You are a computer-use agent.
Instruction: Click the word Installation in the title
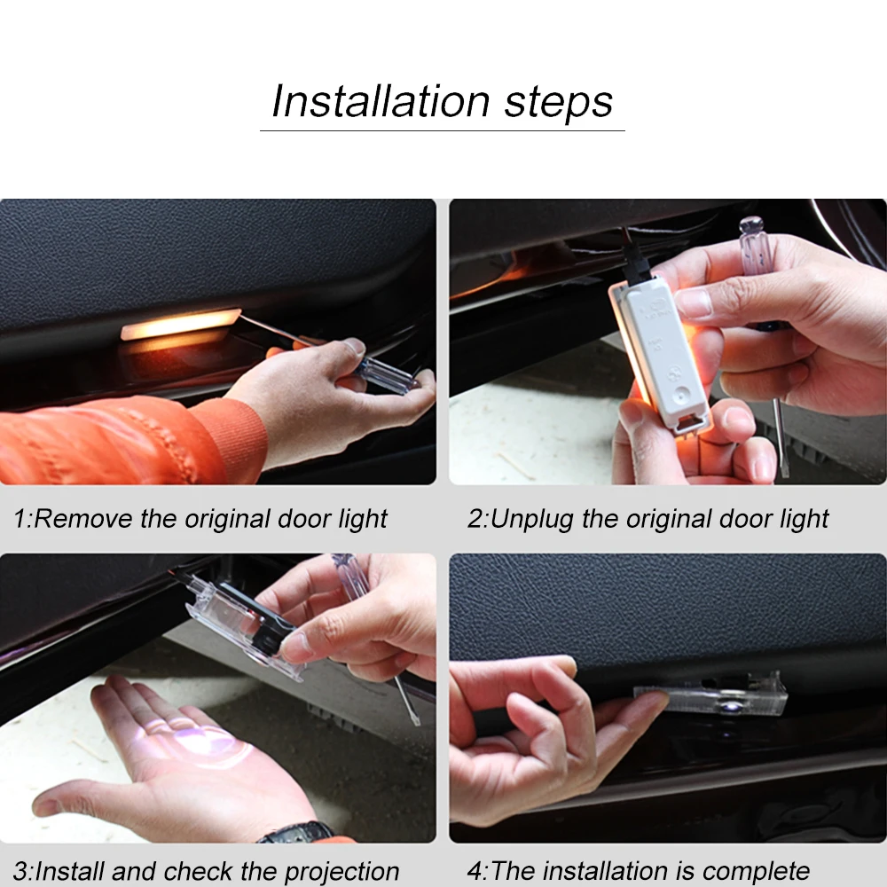pyautogui.click(x=381, y=101)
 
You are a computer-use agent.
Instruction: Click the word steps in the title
pyautogui.click(x=558, y=104)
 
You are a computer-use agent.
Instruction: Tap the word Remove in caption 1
pyautogui.click(x=83, y=518)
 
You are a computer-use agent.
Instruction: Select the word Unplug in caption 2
pyautogui.click(x=531, y=520)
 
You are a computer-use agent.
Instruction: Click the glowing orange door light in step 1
pyautogui.click(x=180, y=324)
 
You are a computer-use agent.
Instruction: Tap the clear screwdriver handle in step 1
pyautogui.click(x=386, y=374)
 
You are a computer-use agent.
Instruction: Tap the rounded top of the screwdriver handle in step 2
pyautogui.click(x=751, y=224)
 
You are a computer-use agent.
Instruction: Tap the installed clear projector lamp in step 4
pyautogui.click(x=710, y=695)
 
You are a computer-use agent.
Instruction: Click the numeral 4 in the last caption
pyautogui.click(x=475, y=872)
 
